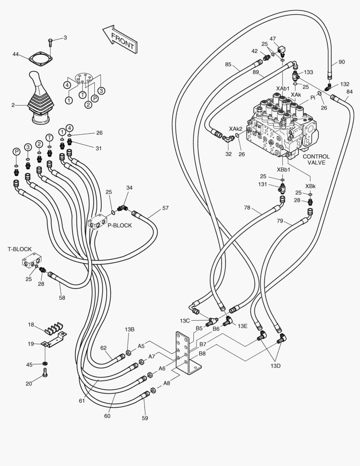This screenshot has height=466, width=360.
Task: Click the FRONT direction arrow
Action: pyautogui.click(x=119, y=39)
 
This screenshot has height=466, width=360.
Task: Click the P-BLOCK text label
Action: pyautogui.click(x=120, y=225)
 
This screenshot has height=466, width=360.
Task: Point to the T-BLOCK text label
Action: pyautogui.click(x=20, y=249)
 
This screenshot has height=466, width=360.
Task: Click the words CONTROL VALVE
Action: pyautogui.click(x=316, y=160)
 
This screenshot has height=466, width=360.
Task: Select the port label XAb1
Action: pyautogui.click(x=283, y=88)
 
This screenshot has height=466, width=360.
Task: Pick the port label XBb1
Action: pyautogui.click(x=283, y=170)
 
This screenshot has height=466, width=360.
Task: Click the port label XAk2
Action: pyautogui.click(x=235, y=129)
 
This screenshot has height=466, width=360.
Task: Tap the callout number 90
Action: pyautogui.click(x=341, y=62)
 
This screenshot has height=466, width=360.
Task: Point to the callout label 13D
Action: pyautogui.click(x=275, y=366)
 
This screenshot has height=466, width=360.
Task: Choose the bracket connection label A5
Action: pyautogui.click(x=141, y=346)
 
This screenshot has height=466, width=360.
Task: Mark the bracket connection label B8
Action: pyautogui.click(x=202, y=354)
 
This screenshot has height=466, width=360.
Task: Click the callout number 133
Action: pyautogui.click(x=309, y=72)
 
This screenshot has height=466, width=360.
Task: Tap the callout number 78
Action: pyautogui.click(x=247, y=208)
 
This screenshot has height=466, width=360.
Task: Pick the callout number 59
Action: pyautogui.click(x=144, y=418)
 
